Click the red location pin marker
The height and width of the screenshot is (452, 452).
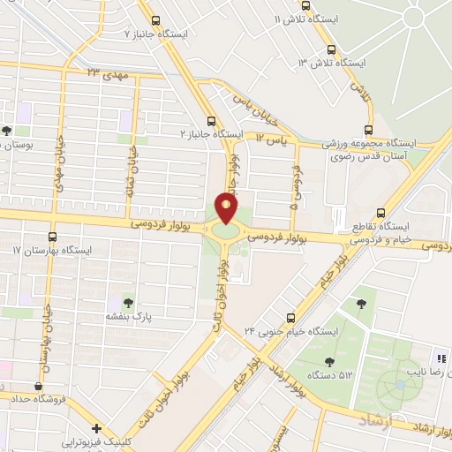click(226, 208)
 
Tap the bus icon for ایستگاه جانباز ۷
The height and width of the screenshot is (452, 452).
click(156, 20)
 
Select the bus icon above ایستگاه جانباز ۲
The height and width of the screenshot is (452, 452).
click(210, 121)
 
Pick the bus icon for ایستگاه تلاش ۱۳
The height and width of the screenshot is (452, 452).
click(332, 49)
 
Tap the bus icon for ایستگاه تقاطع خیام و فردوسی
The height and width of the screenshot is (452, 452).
click(380, 212)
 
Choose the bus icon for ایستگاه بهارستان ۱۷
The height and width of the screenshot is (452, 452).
click(51, 237)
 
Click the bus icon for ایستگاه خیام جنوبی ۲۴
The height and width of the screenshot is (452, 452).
click(292, 318)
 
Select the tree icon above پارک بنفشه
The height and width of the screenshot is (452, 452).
click(130, 303)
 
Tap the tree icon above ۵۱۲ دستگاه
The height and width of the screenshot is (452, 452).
click(330, 361)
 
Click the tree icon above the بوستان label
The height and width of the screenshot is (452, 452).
click(7, 131)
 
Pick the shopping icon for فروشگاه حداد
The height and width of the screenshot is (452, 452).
click(38, 386)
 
